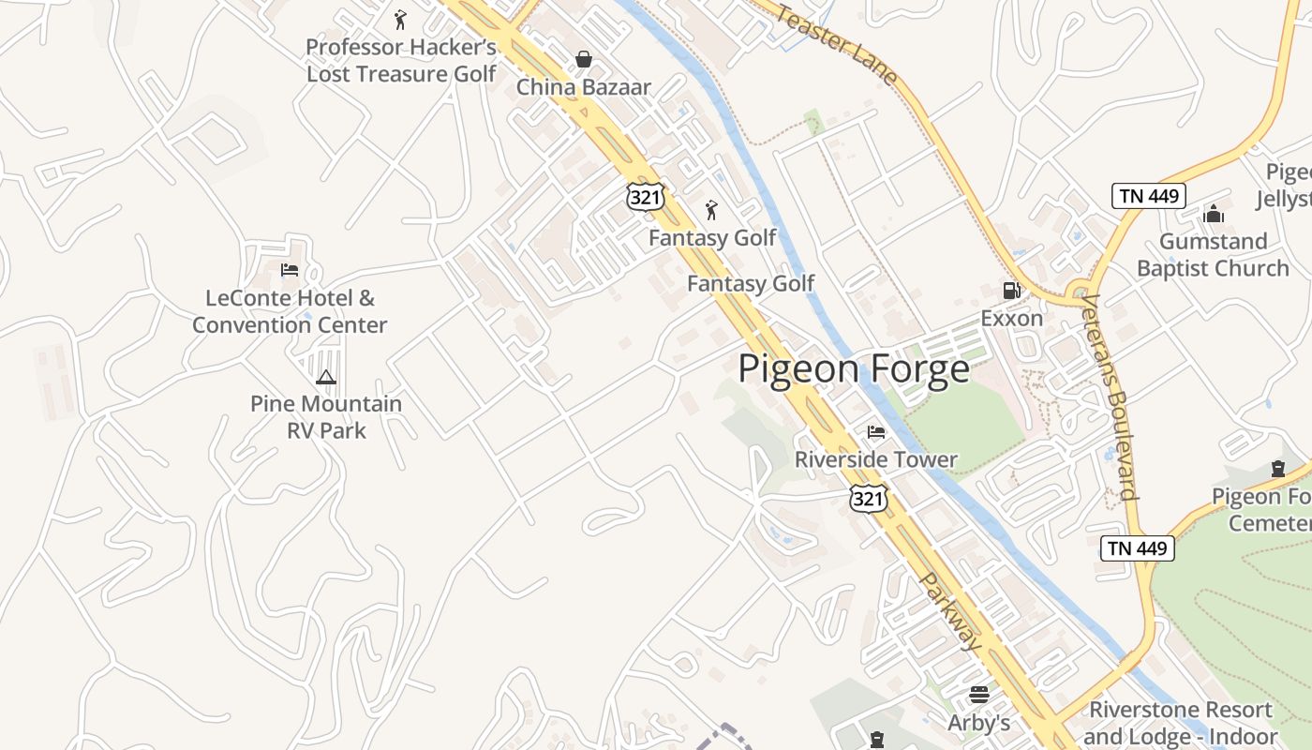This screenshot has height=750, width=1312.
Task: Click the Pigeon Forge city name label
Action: (854, 368)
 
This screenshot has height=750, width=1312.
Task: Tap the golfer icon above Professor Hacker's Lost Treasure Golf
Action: (400, 19)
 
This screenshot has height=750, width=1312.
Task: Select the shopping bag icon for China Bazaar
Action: (583, 59)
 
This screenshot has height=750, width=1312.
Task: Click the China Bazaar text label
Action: (583, 87)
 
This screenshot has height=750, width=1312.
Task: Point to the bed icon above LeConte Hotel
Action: (290, 270)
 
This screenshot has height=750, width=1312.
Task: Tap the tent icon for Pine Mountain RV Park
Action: (325, 377)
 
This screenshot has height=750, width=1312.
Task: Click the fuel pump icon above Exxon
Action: (1011, 291)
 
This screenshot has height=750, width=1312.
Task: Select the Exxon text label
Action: (1011, 319)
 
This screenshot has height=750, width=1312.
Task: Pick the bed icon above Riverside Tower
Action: (875, 431)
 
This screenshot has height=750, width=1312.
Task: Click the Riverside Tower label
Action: (875, 459)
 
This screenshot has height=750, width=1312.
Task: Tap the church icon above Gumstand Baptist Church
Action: (1214, 214)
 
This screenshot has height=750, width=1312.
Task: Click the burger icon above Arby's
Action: (979, 695)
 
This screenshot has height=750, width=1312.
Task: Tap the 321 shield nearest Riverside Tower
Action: (868, 498)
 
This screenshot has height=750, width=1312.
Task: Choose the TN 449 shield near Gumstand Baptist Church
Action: (1150, 196)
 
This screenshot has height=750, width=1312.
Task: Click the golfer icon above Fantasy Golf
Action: (711, 210)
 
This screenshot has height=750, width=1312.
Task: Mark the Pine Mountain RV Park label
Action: (325, 417)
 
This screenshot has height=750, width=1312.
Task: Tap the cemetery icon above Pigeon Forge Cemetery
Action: (1277, 469)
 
